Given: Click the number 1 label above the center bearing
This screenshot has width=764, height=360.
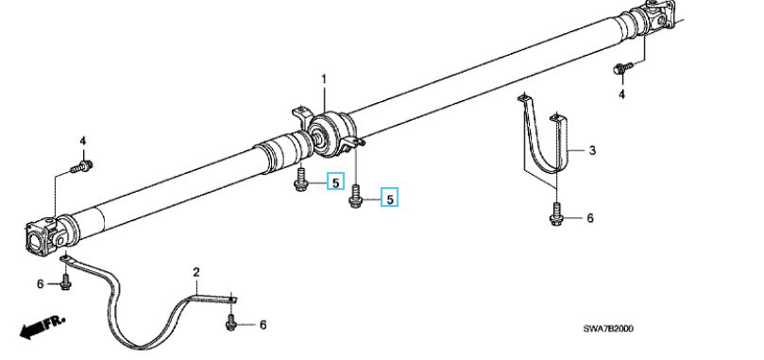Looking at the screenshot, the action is (324, 79).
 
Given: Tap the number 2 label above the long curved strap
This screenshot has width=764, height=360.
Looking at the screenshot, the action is (196, 272).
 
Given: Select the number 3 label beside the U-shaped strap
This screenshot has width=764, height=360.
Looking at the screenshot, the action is (592, 150).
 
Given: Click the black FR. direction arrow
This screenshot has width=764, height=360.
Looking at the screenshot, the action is (42, 327).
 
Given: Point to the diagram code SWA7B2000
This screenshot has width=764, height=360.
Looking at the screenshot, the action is (608, 329).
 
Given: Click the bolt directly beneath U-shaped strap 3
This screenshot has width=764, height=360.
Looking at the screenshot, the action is (555, 214).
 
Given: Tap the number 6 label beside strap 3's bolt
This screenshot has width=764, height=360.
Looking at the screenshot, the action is (590, 217).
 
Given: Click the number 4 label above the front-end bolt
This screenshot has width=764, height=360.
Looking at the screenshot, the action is (83, 142).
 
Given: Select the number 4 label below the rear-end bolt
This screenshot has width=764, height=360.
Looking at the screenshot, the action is (621, 94).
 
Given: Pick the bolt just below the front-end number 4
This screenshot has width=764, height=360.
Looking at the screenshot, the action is (82, 167).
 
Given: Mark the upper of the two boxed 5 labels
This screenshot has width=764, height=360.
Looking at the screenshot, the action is (335, 182).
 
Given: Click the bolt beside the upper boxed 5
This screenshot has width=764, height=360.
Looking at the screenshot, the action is (300, 179).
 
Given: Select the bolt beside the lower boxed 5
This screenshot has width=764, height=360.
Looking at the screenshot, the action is (356, 196).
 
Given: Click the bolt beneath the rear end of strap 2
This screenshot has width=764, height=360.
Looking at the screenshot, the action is (231, 322).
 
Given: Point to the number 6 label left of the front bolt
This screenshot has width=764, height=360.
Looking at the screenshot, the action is (41, 283).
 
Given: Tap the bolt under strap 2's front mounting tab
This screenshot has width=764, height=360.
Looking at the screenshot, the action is (66, 282).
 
